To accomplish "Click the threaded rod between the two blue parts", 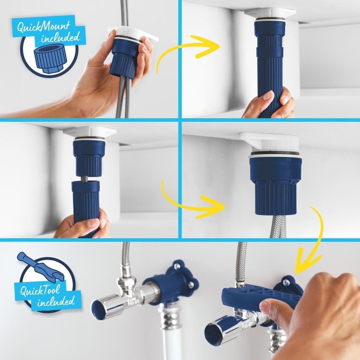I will [88, 178].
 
